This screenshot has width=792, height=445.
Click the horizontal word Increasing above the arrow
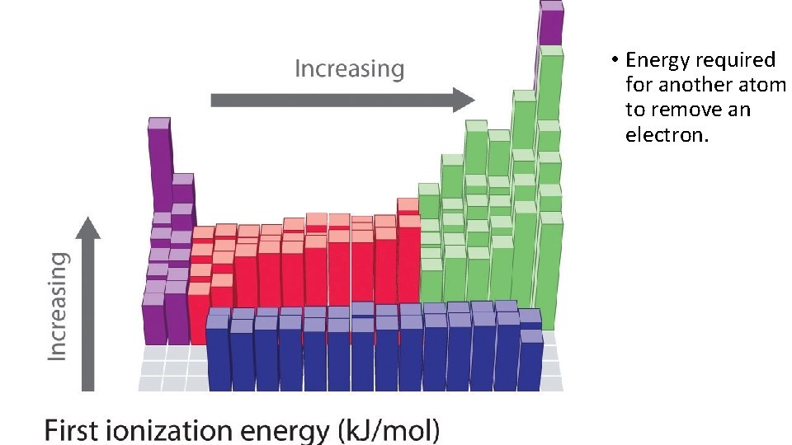(x=350, y=68)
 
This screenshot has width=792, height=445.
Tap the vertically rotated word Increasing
(x=57, y=305)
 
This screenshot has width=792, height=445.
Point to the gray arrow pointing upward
(x=88, y=305)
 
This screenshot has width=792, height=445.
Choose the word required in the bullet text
(x=735, y=60)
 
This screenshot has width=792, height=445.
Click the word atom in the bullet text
(x=765, y=85)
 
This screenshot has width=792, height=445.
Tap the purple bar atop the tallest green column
(x=550, y=22)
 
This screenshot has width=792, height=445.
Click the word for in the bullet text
(x=638, y=85)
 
